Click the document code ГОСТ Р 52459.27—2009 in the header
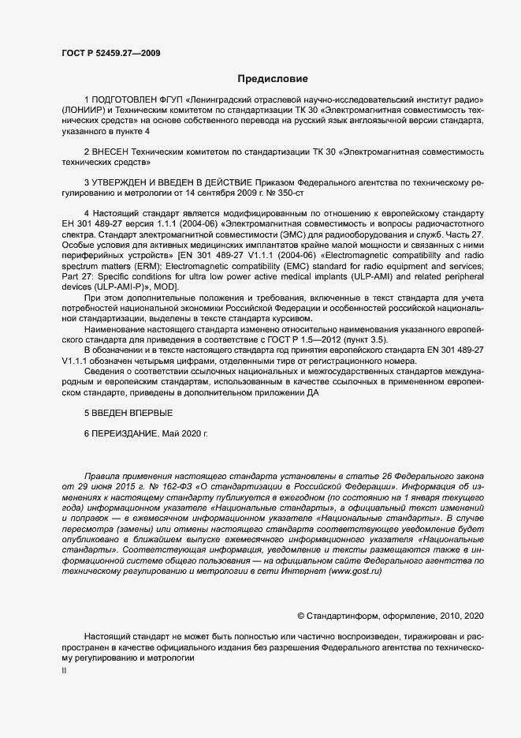[113, 52]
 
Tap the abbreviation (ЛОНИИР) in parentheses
[82, 112]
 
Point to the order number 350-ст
[286, 192]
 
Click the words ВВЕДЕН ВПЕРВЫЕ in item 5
[129, 414]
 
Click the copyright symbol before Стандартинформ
[300, 614]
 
